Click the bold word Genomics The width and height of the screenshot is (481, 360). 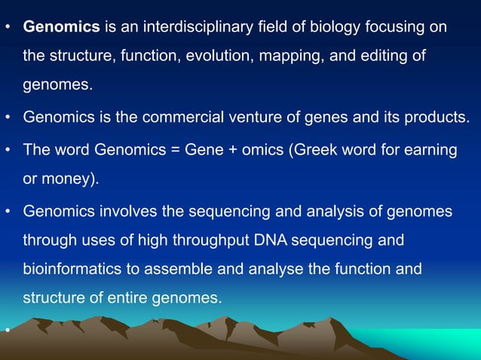62,28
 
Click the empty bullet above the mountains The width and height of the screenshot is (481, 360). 7,329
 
